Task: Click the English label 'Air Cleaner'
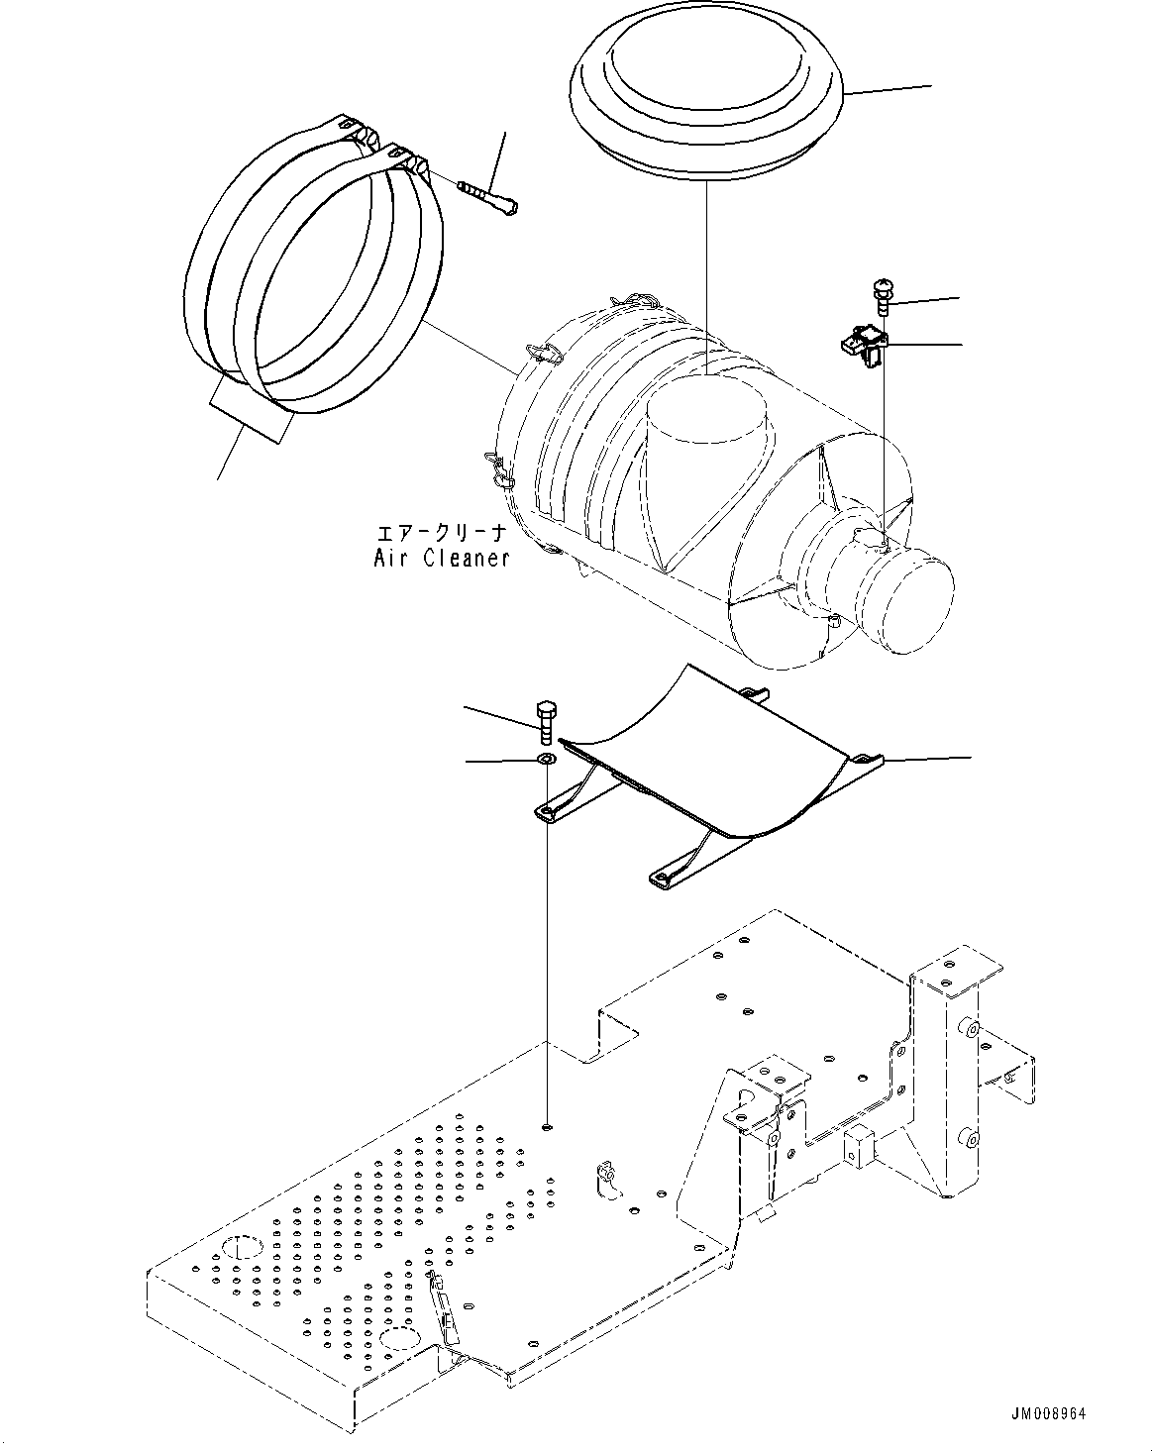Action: coord(442,558)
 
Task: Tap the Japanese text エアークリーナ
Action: coord(442,532)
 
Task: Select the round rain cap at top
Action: coord(705,95)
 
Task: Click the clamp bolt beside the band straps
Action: coord(489,195)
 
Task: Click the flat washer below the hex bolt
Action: coord(545,760)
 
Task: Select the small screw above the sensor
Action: coord(882,295)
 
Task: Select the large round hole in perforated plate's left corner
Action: coord(240,1246)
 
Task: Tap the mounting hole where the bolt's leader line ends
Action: coord(546,1126)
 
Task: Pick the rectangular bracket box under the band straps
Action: coord(252,410)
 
